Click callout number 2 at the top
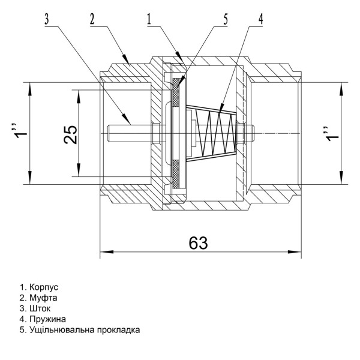92,19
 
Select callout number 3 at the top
46,19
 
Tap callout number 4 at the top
260,19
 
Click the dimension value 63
198,242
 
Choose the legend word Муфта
44,298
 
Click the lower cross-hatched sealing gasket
176,175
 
